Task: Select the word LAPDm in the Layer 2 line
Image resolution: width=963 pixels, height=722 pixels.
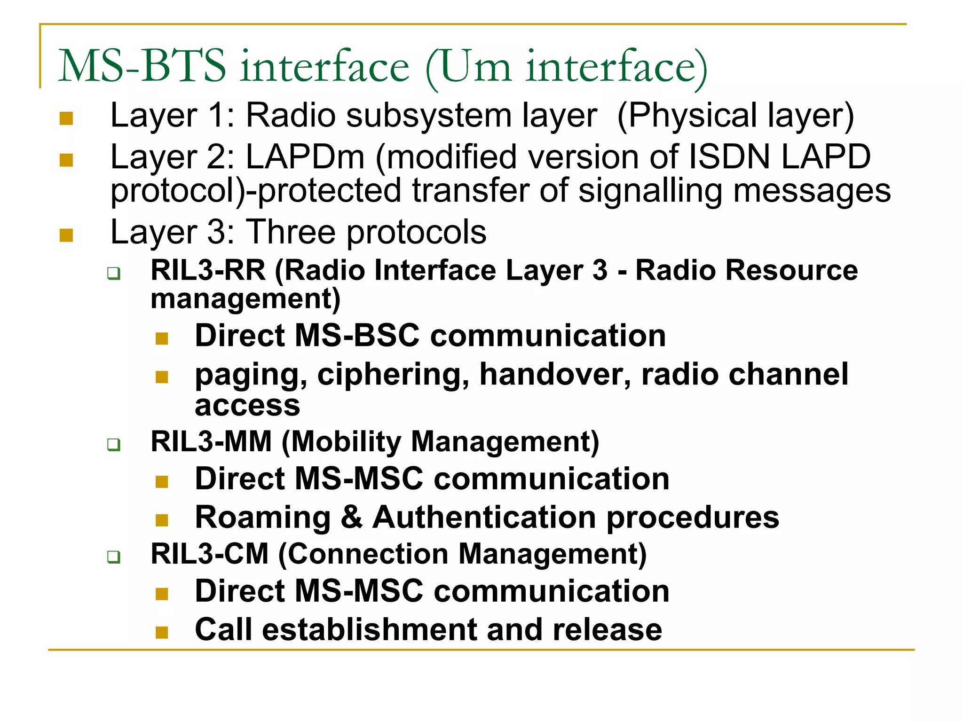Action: click(305, 157)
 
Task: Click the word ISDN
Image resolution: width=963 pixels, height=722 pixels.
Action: click(729, 157)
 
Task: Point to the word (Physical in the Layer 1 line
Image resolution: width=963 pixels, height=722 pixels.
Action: click(687, 116)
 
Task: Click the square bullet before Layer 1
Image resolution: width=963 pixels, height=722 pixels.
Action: click(66, 118)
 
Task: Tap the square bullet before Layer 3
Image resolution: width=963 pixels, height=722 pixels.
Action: click(66, 235)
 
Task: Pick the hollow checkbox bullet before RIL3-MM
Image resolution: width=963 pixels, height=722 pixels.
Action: click(113, 444)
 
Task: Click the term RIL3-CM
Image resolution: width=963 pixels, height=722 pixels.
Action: click(209, 554)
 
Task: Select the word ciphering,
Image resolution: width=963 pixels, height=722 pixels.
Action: click(393, 375)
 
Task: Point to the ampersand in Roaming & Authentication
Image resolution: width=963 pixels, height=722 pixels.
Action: click(351, 517)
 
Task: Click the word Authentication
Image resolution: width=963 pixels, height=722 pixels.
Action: click(485, 517)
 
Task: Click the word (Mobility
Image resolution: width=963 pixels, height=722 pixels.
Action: click(342, 442)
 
